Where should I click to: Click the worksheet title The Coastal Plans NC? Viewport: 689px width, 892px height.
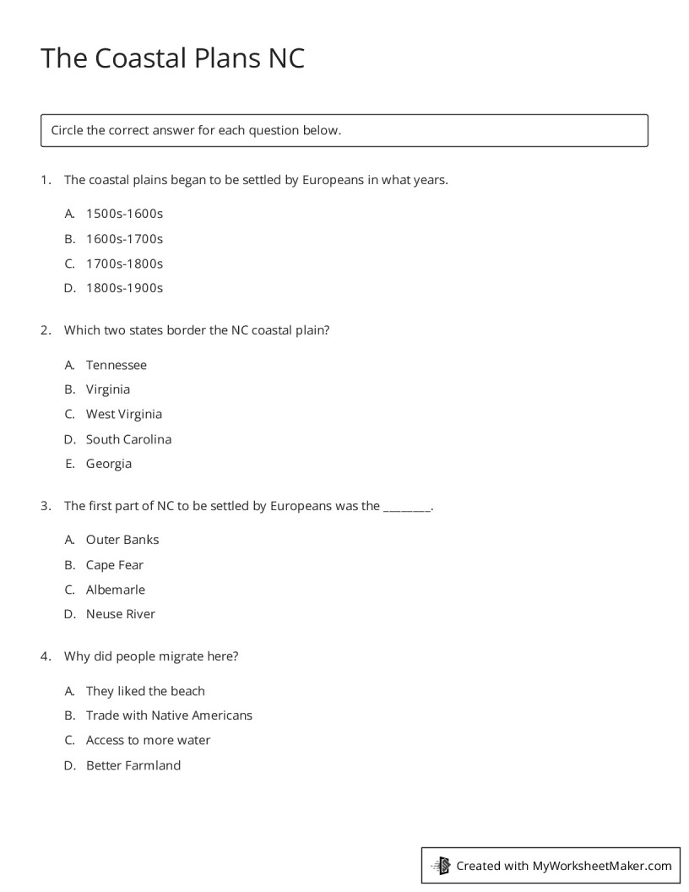[172, 58]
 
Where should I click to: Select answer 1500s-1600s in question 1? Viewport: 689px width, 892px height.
[124, 214]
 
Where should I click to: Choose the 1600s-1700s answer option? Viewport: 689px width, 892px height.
[124, 239]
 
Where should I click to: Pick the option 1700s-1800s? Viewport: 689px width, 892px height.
[124, 264]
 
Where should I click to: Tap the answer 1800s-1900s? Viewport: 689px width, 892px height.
[124, 288]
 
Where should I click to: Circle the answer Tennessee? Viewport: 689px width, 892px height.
[117, 365]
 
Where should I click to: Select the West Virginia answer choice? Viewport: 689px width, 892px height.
[124, 414]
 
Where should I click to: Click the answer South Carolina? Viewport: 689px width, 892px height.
[128, 439]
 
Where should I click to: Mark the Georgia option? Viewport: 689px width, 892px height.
[109, 464]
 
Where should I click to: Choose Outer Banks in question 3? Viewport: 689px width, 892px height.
[122, 540]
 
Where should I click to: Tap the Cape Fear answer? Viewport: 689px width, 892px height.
[115, 565]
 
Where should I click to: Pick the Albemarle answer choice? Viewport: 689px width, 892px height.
[116, 590]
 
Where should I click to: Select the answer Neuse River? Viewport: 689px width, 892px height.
[121, 614]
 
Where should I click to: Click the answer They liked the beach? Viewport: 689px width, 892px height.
[145, 691]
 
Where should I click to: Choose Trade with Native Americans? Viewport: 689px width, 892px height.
[169, 715]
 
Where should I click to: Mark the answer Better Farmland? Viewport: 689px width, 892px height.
[133, 765]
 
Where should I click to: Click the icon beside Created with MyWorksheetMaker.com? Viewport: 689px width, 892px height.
[441, 866]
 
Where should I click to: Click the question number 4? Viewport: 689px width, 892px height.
[46, 655]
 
